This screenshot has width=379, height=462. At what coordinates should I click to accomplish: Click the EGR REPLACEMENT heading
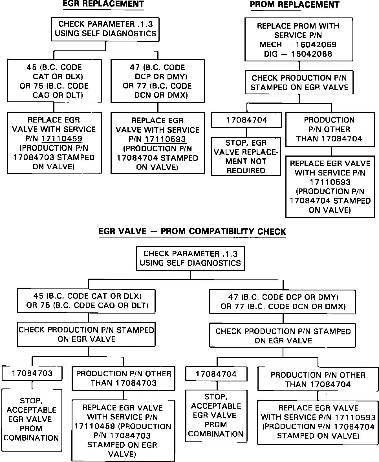coord(103,4)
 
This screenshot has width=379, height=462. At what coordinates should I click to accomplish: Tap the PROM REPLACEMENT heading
coord(295,5)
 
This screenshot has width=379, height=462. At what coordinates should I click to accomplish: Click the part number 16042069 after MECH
coord(316,45)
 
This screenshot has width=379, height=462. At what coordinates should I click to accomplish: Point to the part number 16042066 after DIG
coord(312,54)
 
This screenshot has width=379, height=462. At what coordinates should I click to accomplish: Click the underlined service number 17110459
coord(62,139)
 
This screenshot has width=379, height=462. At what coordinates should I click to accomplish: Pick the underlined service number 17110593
coord(165,139)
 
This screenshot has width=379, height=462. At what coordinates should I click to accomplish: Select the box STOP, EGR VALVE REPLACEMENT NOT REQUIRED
coord(246,157)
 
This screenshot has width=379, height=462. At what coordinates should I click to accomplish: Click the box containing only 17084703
coord(32,373)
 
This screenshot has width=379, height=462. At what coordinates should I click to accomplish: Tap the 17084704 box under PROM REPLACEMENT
coord(246,120)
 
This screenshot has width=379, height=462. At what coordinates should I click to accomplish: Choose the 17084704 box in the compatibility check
coord(216,374)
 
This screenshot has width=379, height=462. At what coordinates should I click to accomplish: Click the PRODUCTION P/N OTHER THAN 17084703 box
coord(124,378)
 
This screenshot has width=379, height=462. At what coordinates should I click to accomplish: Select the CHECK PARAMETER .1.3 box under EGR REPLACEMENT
coord(105,29)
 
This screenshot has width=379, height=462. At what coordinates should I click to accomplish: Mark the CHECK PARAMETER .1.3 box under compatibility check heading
coord(190,258)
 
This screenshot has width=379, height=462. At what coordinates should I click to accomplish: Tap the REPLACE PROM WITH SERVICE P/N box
coord(298,39)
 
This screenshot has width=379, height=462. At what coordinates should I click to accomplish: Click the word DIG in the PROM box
coord(271,54)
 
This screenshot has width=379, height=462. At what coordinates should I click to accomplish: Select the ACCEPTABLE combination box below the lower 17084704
coord(216,416)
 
